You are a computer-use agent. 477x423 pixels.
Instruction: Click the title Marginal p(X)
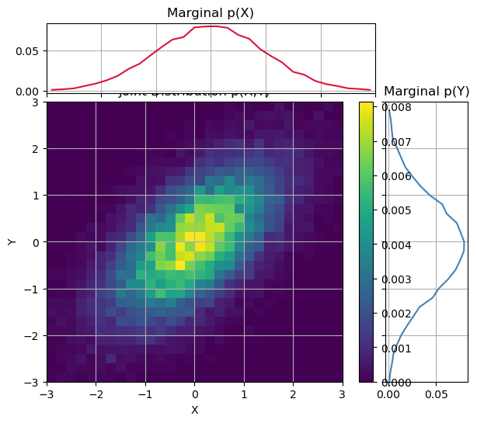point(211,12)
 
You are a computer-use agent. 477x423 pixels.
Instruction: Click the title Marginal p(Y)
point(427,91)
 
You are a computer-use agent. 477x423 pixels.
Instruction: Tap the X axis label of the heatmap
point(194,410)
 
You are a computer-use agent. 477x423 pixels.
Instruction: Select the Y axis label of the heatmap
point(12,241)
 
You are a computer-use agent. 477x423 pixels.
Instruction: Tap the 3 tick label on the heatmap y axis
point(35,102)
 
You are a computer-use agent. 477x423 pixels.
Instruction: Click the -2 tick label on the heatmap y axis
point(32,335)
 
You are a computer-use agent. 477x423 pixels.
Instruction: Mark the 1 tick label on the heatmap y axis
point(35,195)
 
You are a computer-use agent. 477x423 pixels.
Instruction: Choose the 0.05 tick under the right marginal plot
point(437,394)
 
